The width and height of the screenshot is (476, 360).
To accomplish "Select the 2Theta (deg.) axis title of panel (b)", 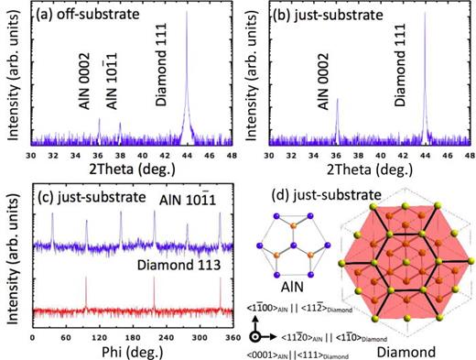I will (x=369, y=170).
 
